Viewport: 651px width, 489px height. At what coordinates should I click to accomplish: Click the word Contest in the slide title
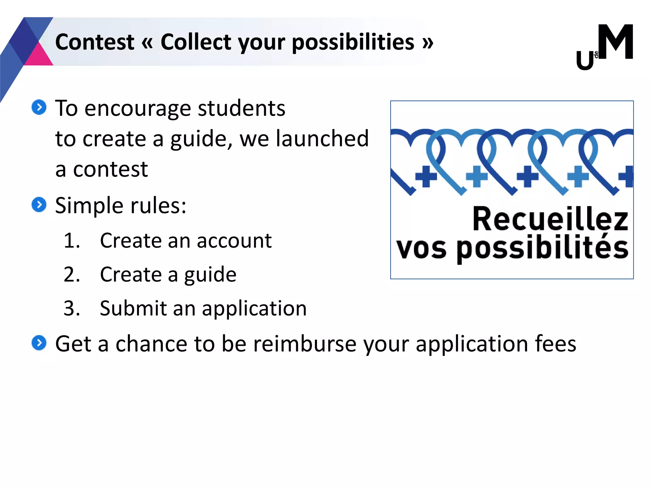94,42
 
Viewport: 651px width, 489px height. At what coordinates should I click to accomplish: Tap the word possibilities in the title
353,43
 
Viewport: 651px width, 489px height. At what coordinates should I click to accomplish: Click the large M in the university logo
615,42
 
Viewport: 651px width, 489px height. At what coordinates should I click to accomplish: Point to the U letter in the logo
585,60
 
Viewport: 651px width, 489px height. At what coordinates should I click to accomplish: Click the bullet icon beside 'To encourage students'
39,107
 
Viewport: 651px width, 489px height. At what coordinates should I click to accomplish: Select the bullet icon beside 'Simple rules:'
39,204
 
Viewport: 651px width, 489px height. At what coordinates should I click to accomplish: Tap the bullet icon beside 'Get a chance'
39,343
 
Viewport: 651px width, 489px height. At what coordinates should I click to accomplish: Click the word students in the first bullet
242,108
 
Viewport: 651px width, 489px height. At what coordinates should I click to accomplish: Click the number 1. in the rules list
72,240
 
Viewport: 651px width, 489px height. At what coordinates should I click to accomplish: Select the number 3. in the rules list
72,308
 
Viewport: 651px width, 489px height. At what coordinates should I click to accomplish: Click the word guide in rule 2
210,274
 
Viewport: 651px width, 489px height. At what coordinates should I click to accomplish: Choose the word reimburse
305,344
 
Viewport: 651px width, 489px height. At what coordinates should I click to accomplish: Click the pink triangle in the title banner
38,56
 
